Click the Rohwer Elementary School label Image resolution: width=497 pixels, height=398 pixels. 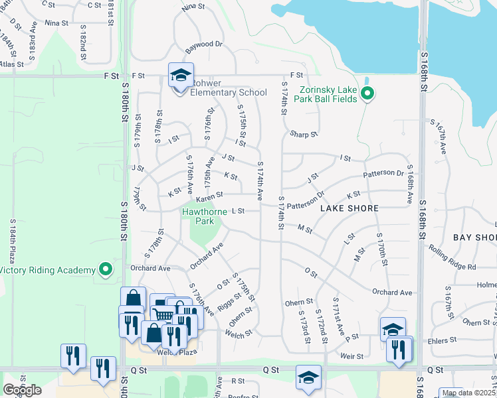(x=228, y=93)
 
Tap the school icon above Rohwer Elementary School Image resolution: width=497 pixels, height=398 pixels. (x=179, y=75)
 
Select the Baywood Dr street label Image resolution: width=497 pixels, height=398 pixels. (x=204, y=44)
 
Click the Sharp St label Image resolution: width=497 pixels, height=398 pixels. (x=304, y=135)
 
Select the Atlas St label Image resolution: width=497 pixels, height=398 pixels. (x=12, y=65)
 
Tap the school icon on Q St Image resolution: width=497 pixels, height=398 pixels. (x=308, y=377)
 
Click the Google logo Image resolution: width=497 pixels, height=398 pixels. (x=22, y=389)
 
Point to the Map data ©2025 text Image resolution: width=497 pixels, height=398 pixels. (x=468, y=393)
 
